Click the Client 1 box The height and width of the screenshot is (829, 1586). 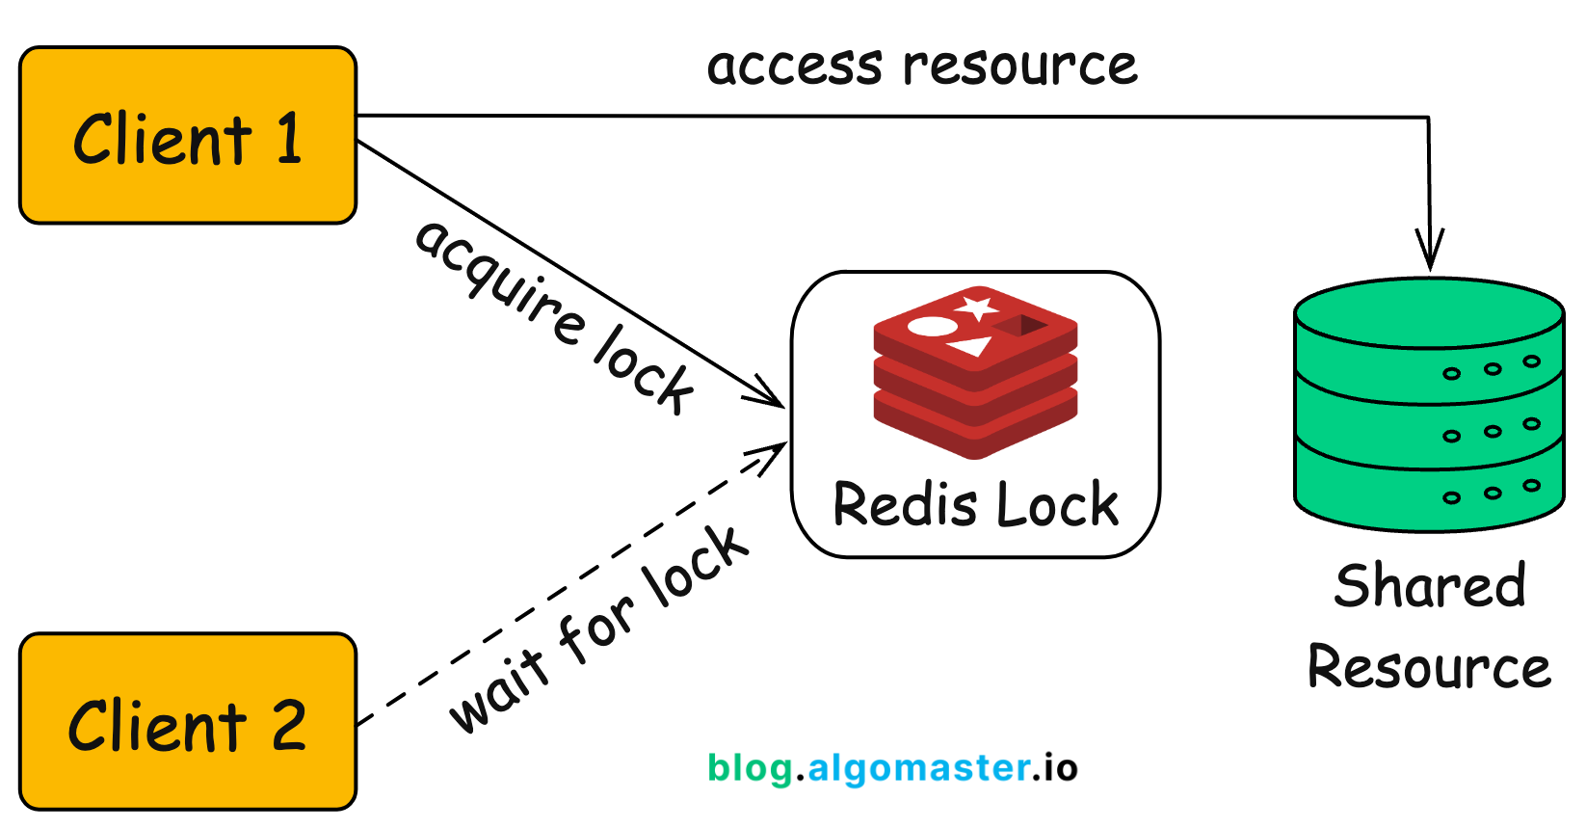[x=188, y=136]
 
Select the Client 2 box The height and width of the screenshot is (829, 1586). [x=188, y=722]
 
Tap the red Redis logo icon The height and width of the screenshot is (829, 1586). [x=975, y=371]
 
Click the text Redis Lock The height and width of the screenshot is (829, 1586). [x=975, y=504]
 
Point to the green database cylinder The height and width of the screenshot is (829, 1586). [x=1428, y=405]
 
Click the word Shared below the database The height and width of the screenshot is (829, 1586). [x=1430, y=586]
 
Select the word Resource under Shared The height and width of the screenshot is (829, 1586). [x=1429, y=667]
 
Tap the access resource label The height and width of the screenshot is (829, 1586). [x=922, y=66]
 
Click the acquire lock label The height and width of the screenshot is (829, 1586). [x=554, y=316]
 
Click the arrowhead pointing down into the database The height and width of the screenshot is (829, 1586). [x=1430, y=253]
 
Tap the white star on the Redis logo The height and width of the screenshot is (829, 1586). [x=977, y=308]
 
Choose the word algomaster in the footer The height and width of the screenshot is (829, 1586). [x=919, y=768]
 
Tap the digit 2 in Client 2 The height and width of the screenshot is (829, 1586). [x=288, y=725]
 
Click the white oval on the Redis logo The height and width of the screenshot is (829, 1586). [x=932, y=326]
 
